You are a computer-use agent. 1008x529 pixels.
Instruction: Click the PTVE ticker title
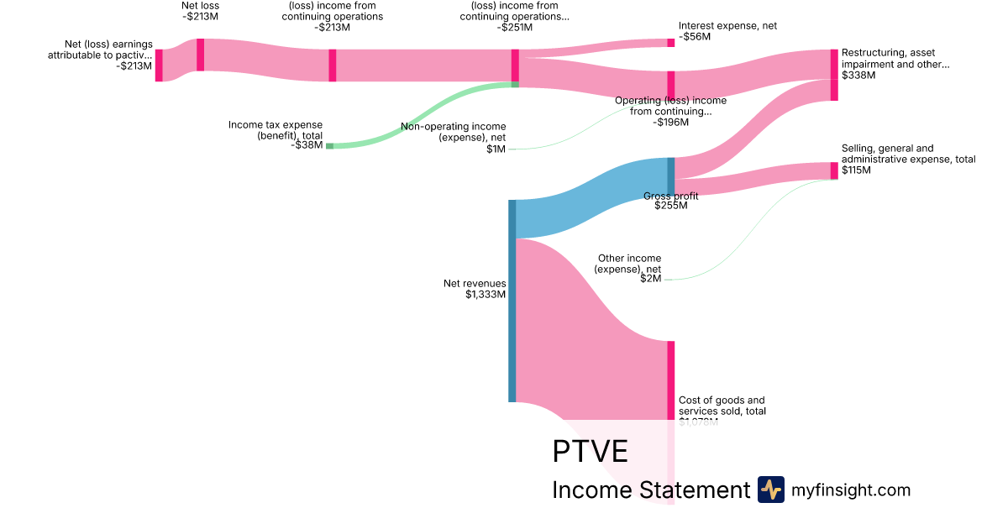pos(590,452)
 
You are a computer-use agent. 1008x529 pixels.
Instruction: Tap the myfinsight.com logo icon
pos(770,490)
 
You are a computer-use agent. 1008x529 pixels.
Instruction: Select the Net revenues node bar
pos(512,301)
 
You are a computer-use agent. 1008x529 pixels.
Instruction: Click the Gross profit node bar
pos(670,175)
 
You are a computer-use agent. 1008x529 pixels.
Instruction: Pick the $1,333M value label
pos(486,295)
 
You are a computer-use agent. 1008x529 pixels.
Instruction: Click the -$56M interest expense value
pos(695,37)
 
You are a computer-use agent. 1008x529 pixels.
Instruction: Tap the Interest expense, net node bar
pos(670,42)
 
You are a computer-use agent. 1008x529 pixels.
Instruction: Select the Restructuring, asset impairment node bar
pos(833,75)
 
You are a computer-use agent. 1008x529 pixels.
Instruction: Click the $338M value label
pos(858,75)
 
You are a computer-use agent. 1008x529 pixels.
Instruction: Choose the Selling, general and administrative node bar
pos(834,170)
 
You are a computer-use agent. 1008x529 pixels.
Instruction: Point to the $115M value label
pos(856,170)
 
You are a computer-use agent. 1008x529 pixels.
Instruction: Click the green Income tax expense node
pos(329,146)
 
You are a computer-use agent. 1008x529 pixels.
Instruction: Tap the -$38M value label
pos(306,145)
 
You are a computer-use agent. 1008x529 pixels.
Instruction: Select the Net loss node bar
pos(200,55)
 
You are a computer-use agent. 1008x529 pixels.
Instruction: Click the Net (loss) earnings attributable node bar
pos(159,65)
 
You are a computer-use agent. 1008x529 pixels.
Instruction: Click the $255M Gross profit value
pos(670,206)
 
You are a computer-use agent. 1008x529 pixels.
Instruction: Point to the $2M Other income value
pos(651,279)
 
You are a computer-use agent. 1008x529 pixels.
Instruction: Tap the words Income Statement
pos(650,490)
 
